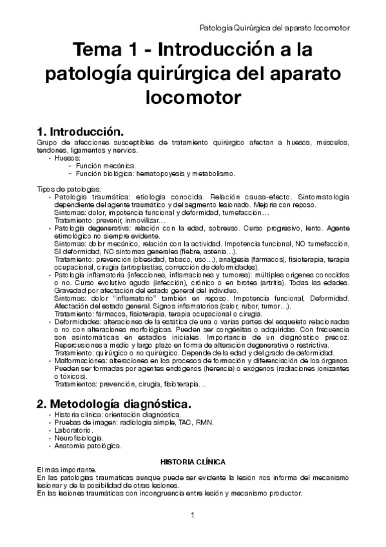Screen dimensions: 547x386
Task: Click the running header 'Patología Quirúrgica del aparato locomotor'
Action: [276, 28]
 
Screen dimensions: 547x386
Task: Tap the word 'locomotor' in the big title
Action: [193, 97]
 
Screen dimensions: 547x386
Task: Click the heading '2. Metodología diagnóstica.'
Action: [113, 403]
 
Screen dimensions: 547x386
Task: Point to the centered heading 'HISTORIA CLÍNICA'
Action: [193, 461]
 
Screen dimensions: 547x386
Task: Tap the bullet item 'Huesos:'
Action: [68, 158]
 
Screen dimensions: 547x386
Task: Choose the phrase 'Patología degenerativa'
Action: [88, 228]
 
